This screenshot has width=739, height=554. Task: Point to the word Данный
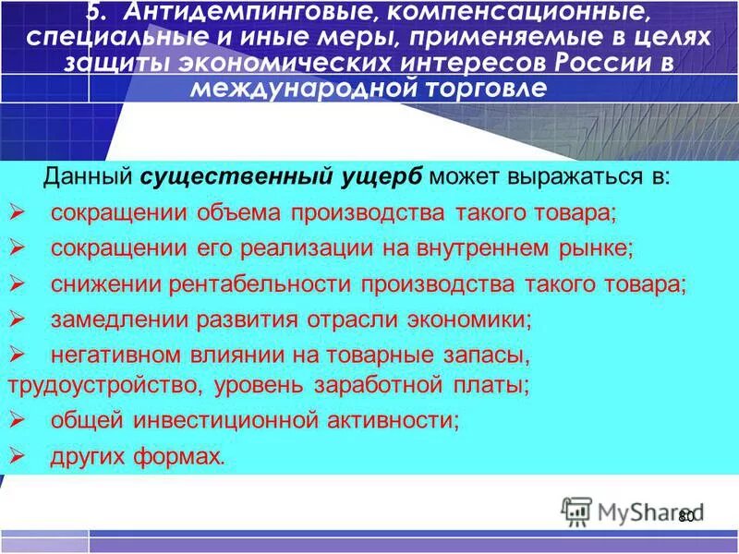pyautogui.click(x=90, y=177)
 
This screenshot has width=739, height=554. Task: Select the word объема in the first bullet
pyautogui.click(x=238, y=213)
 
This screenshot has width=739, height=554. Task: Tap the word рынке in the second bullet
pyautogui.click(x=600, y=248)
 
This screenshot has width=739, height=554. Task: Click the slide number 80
pyautogui.click(x=685, y=517)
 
